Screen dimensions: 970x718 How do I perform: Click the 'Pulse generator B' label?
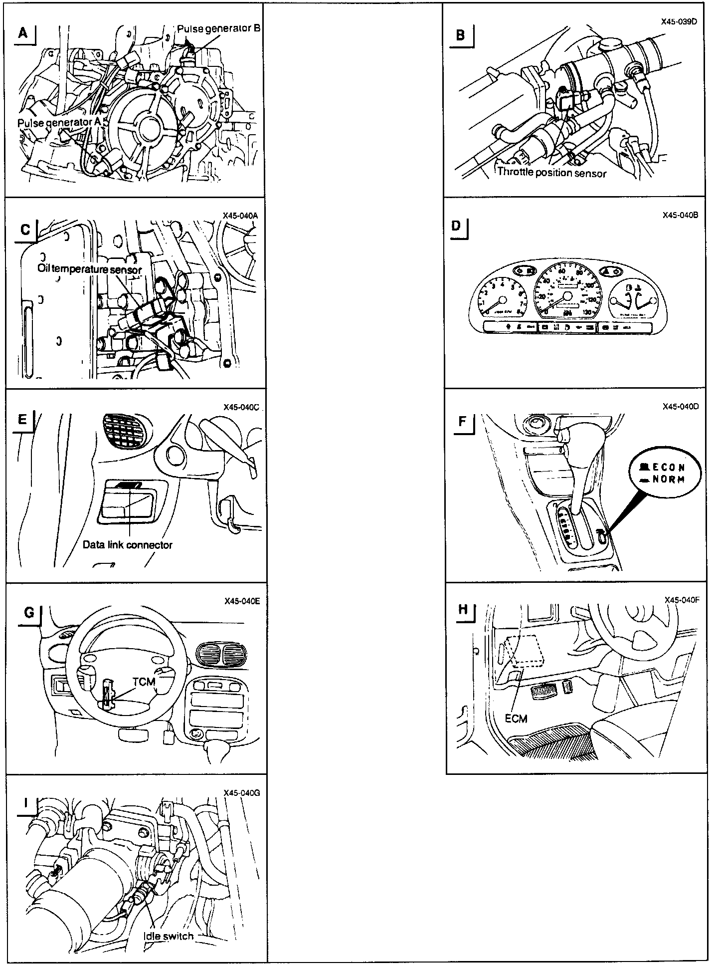219,28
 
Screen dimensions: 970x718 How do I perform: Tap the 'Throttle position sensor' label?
551,173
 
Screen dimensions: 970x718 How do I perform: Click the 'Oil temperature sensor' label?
90,269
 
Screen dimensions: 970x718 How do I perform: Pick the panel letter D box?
456,226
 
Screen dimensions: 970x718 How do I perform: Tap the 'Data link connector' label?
127,545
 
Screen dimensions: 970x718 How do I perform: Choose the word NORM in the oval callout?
668,480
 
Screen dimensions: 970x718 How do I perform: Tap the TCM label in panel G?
144,682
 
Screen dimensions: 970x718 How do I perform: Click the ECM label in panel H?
516,719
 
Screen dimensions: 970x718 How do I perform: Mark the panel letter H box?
463,609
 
